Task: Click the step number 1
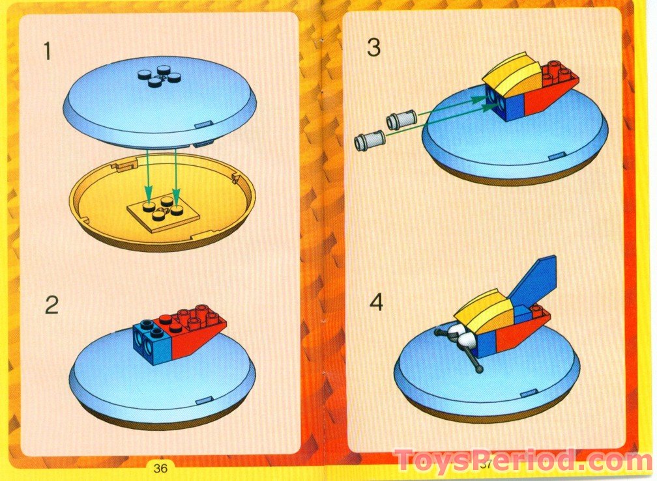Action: (46, 51)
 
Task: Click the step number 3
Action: (373, 47)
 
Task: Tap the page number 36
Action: (161, 467)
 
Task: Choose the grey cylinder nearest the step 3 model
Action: (401, 120)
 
